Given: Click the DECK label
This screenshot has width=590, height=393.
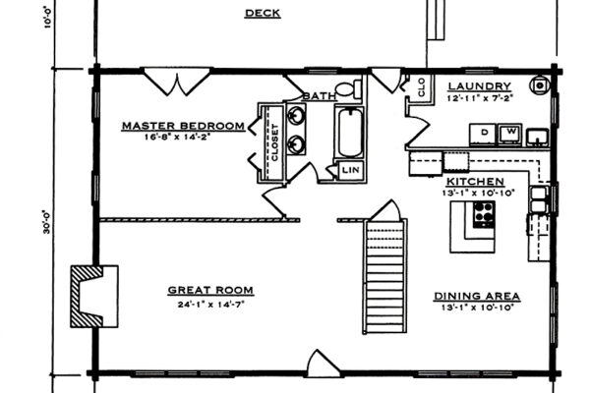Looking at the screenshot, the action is [263, 13].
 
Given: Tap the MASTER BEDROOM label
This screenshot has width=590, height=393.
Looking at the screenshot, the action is [183, 126].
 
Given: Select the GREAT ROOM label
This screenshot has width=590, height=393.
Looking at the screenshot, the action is [210, 291].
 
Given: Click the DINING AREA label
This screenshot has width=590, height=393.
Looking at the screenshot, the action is [477, 297].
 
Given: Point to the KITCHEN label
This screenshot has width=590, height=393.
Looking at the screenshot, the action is [475, 182].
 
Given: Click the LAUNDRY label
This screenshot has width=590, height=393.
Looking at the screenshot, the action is [480, 86].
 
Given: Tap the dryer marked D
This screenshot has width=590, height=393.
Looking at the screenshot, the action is [484, 135].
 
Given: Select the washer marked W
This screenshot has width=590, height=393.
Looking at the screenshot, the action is [510, 134].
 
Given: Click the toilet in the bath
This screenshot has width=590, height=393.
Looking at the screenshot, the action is [348, 89].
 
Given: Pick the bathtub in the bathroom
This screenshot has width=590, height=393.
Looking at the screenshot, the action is [350, 132].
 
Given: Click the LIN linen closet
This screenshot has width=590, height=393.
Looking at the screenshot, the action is [350, 170].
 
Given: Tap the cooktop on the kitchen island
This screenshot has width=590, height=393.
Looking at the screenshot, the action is [484, 214].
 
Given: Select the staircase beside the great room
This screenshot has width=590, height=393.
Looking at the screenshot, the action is [384, 276].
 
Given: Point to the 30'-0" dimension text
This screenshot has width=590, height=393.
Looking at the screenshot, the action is [46, 222].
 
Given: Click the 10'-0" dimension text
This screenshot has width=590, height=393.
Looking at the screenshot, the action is [47, 16].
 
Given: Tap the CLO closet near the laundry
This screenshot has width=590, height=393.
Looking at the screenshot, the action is [421, 86].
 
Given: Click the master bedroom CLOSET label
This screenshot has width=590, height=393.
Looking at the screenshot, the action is [275, 142].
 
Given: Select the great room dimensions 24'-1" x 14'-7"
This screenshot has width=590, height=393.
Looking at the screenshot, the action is [210, 304].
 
